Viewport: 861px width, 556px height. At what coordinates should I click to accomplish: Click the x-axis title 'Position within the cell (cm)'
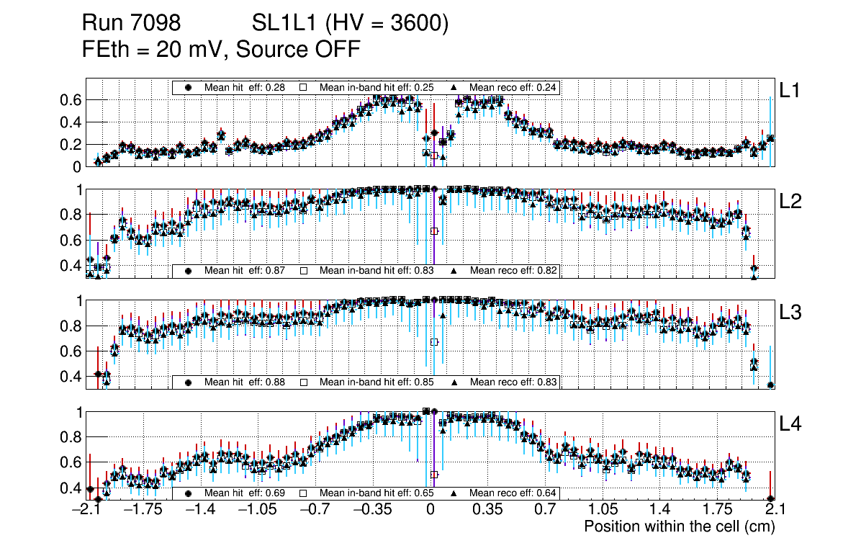679,526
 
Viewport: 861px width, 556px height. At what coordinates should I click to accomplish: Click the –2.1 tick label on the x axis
86,510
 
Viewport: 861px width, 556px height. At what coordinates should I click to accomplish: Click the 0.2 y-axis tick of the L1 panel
71,145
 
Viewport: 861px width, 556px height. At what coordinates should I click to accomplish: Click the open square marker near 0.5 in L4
434,475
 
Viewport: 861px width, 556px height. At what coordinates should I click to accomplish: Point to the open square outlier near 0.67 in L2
434,231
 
